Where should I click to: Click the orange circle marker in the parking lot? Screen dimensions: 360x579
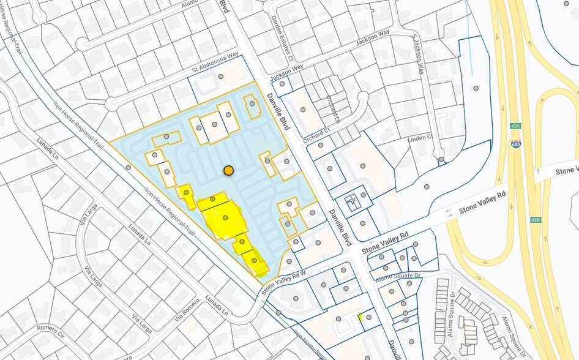pos(228,171)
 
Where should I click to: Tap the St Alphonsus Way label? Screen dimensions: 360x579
pos(215,63)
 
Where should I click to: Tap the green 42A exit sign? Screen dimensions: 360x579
pos(515,126)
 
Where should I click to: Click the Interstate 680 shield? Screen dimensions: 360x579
pos(515,144)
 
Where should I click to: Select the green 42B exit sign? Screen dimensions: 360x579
pos(536,220)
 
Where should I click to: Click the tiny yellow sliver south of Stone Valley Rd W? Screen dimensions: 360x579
pos(360,317)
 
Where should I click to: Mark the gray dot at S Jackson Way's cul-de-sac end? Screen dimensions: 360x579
pos(441,160)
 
